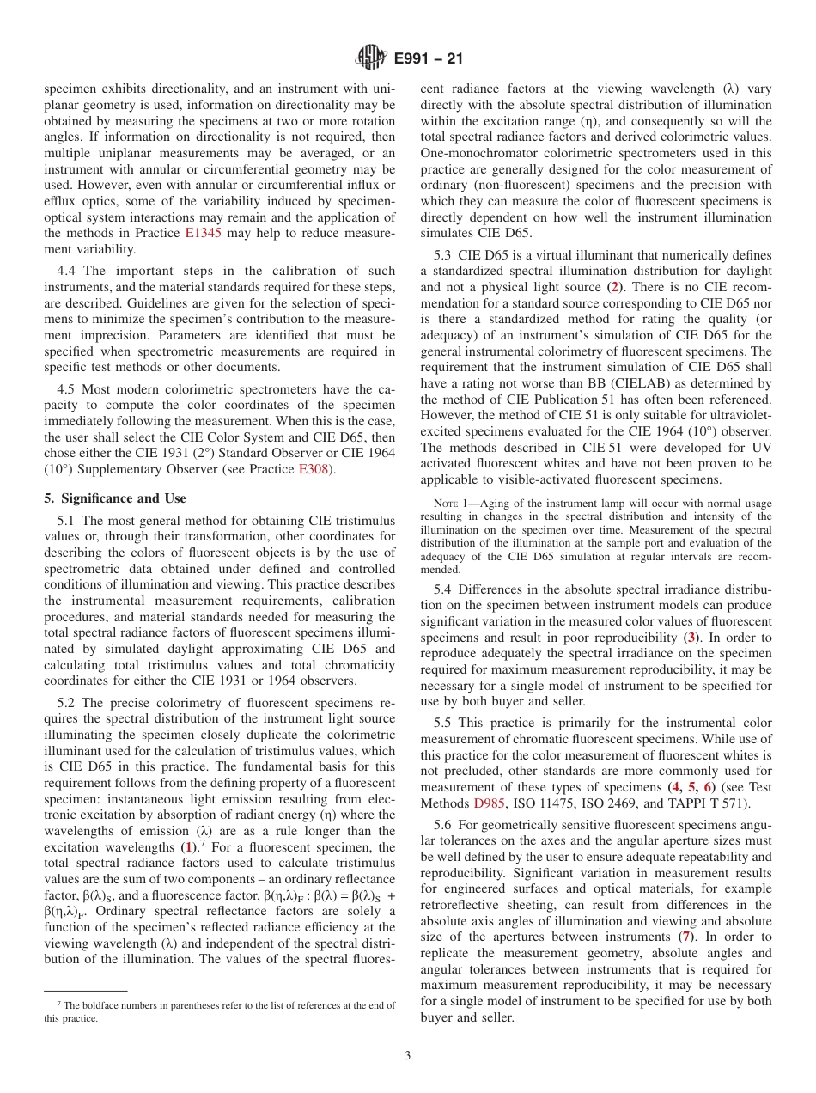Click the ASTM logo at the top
(371, 58)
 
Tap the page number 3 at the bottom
(407, 1055)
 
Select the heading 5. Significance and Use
(114, 498)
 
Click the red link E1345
(202, 233)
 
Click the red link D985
(490, 803)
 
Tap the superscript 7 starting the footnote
(59, 1003)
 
